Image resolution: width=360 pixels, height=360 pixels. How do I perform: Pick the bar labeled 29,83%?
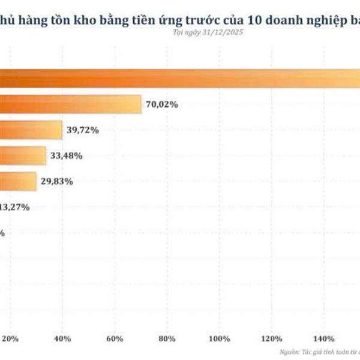(18, 181)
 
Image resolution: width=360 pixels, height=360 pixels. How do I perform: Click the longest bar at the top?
(180, 78)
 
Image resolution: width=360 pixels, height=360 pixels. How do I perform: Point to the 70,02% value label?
(161, 104)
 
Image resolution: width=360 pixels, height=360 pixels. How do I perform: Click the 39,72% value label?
(83, 130)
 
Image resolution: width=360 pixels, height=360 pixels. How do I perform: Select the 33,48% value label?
(67, 156)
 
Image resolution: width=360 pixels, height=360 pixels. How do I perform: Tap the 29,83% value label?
(57, 181)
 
